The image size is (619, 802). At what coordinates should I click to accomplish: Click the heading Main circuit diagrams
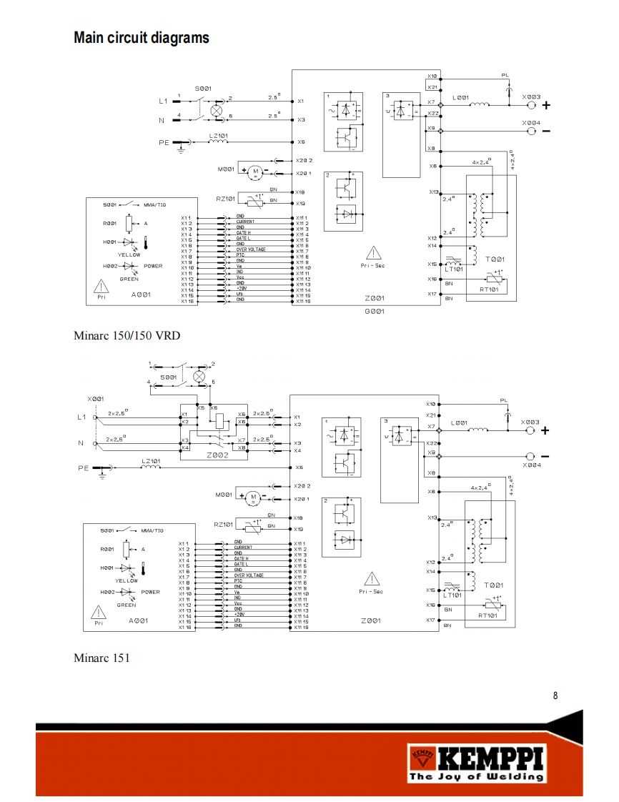pos(142,38)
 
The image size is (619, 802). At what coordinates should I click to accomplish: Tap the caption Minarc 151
pos(101,657)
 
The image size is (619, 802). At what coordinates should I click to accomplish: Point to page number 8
pos(555,695)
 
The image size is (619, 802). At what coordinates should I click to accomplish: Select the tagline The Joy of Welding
pos(475,777)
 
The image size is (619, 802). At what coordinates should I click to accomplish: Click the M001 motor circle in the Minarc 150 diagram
pos(254,170)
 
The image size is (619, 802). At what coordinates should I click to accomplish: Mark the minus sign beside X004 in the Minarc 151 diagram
pos(545,456)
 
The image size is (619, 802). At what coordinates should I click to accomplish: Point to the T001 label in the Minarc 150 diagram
pos(494,259)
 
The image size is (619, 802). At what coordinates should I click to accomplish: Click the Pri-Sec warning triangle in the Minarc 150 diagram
pos(373,253)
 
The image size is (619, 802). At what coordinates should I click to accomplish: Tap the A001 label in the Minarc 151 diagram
pos(138,621)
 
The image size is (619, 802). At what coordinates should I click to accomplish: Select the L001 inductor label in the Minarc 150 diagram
pos(461,96)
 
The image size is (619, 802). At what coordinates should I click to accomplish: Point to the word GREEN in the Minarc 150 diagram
pos(129,279)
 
